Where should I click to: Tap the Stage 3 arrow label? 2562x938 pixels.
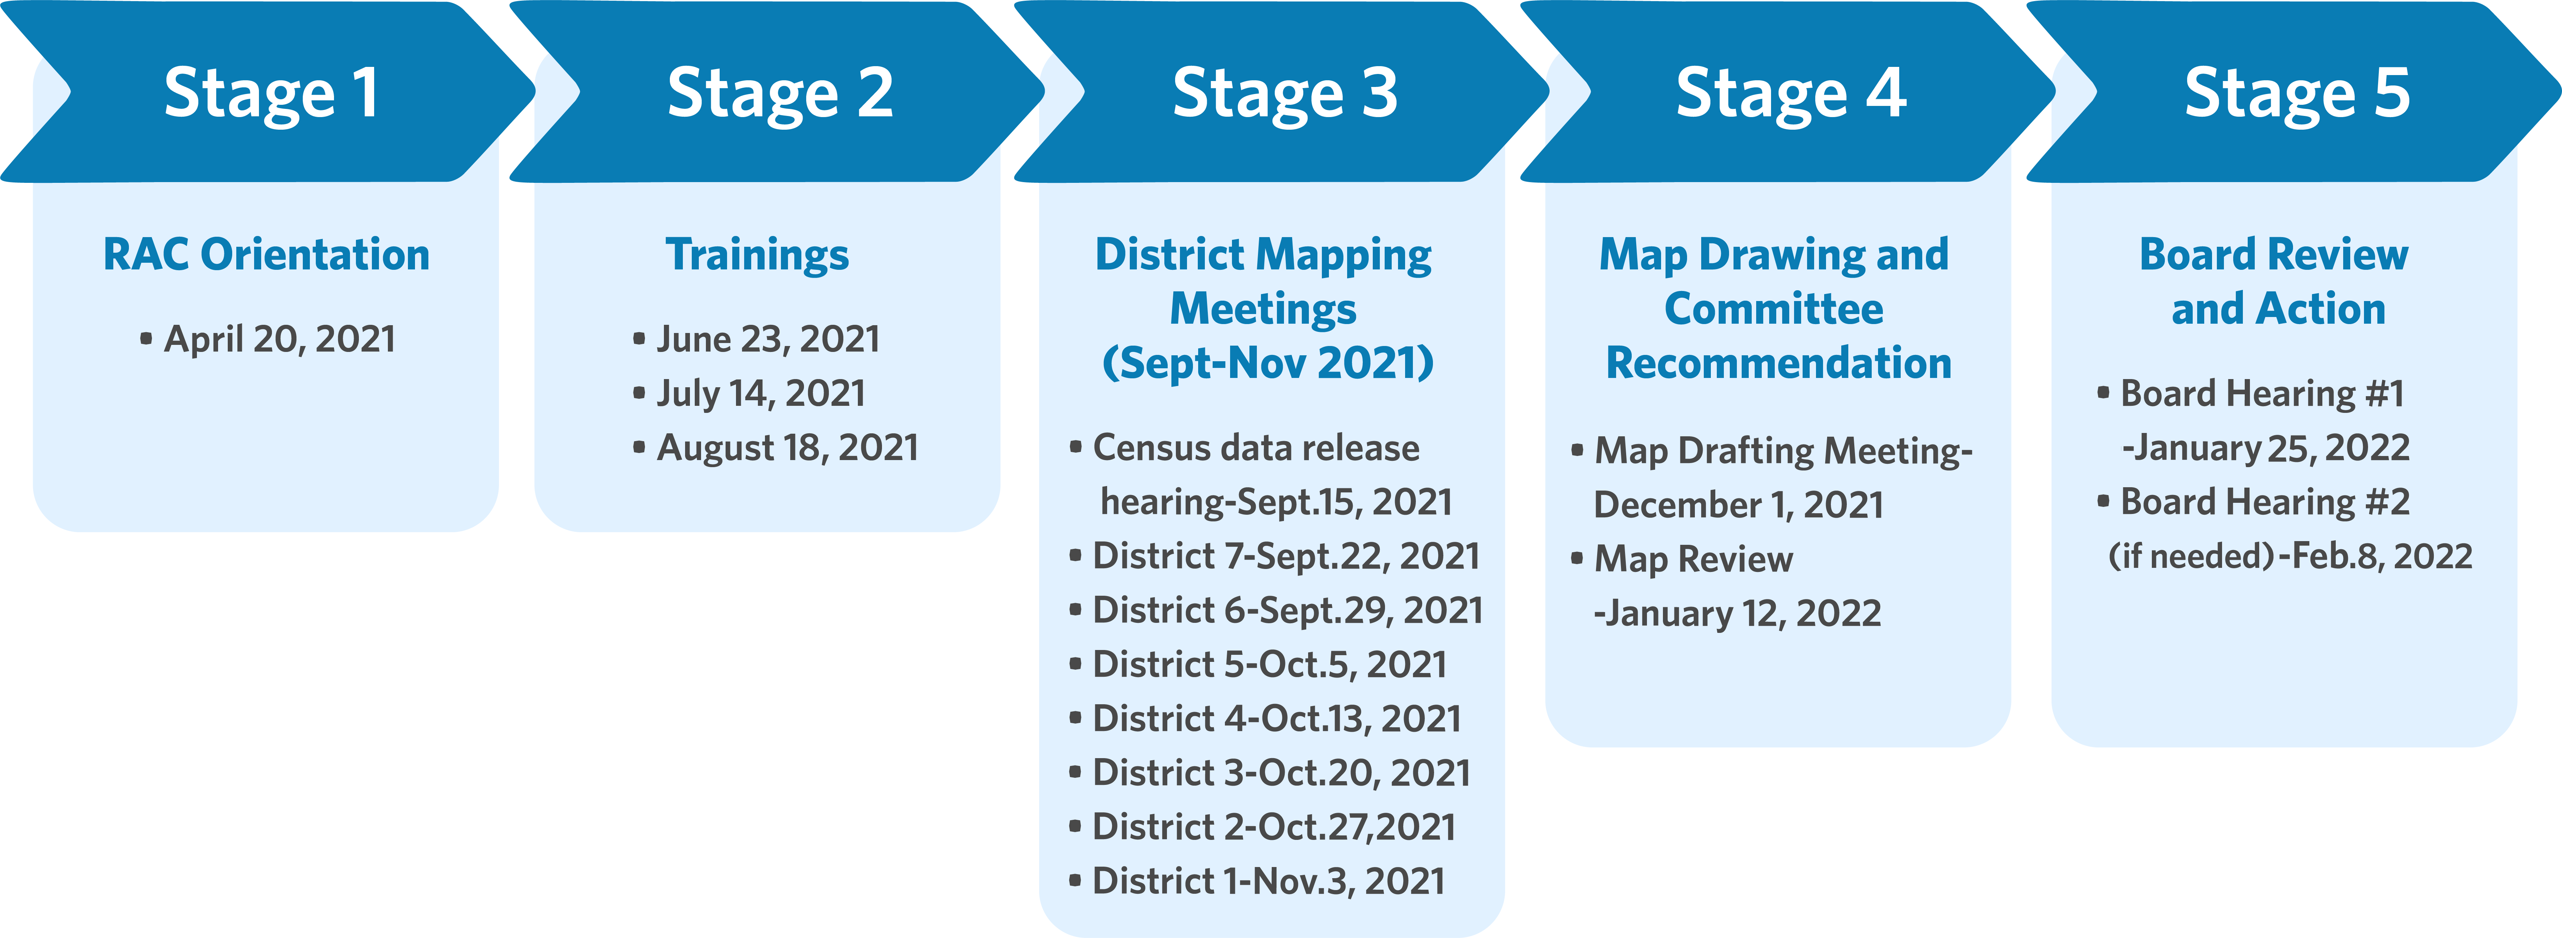[1285, 94]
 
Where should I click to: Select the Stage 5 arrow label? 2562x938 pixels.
[2297, 94]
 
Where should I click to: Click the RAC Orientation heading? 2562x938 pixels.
[266, 255]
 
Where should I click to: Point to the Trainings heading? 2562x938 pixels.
[757, 255]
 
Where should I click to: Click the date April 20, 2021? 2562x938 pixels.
[279, 339]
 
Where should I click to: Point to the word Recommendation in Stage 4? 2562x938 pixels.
[1778, 363]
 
